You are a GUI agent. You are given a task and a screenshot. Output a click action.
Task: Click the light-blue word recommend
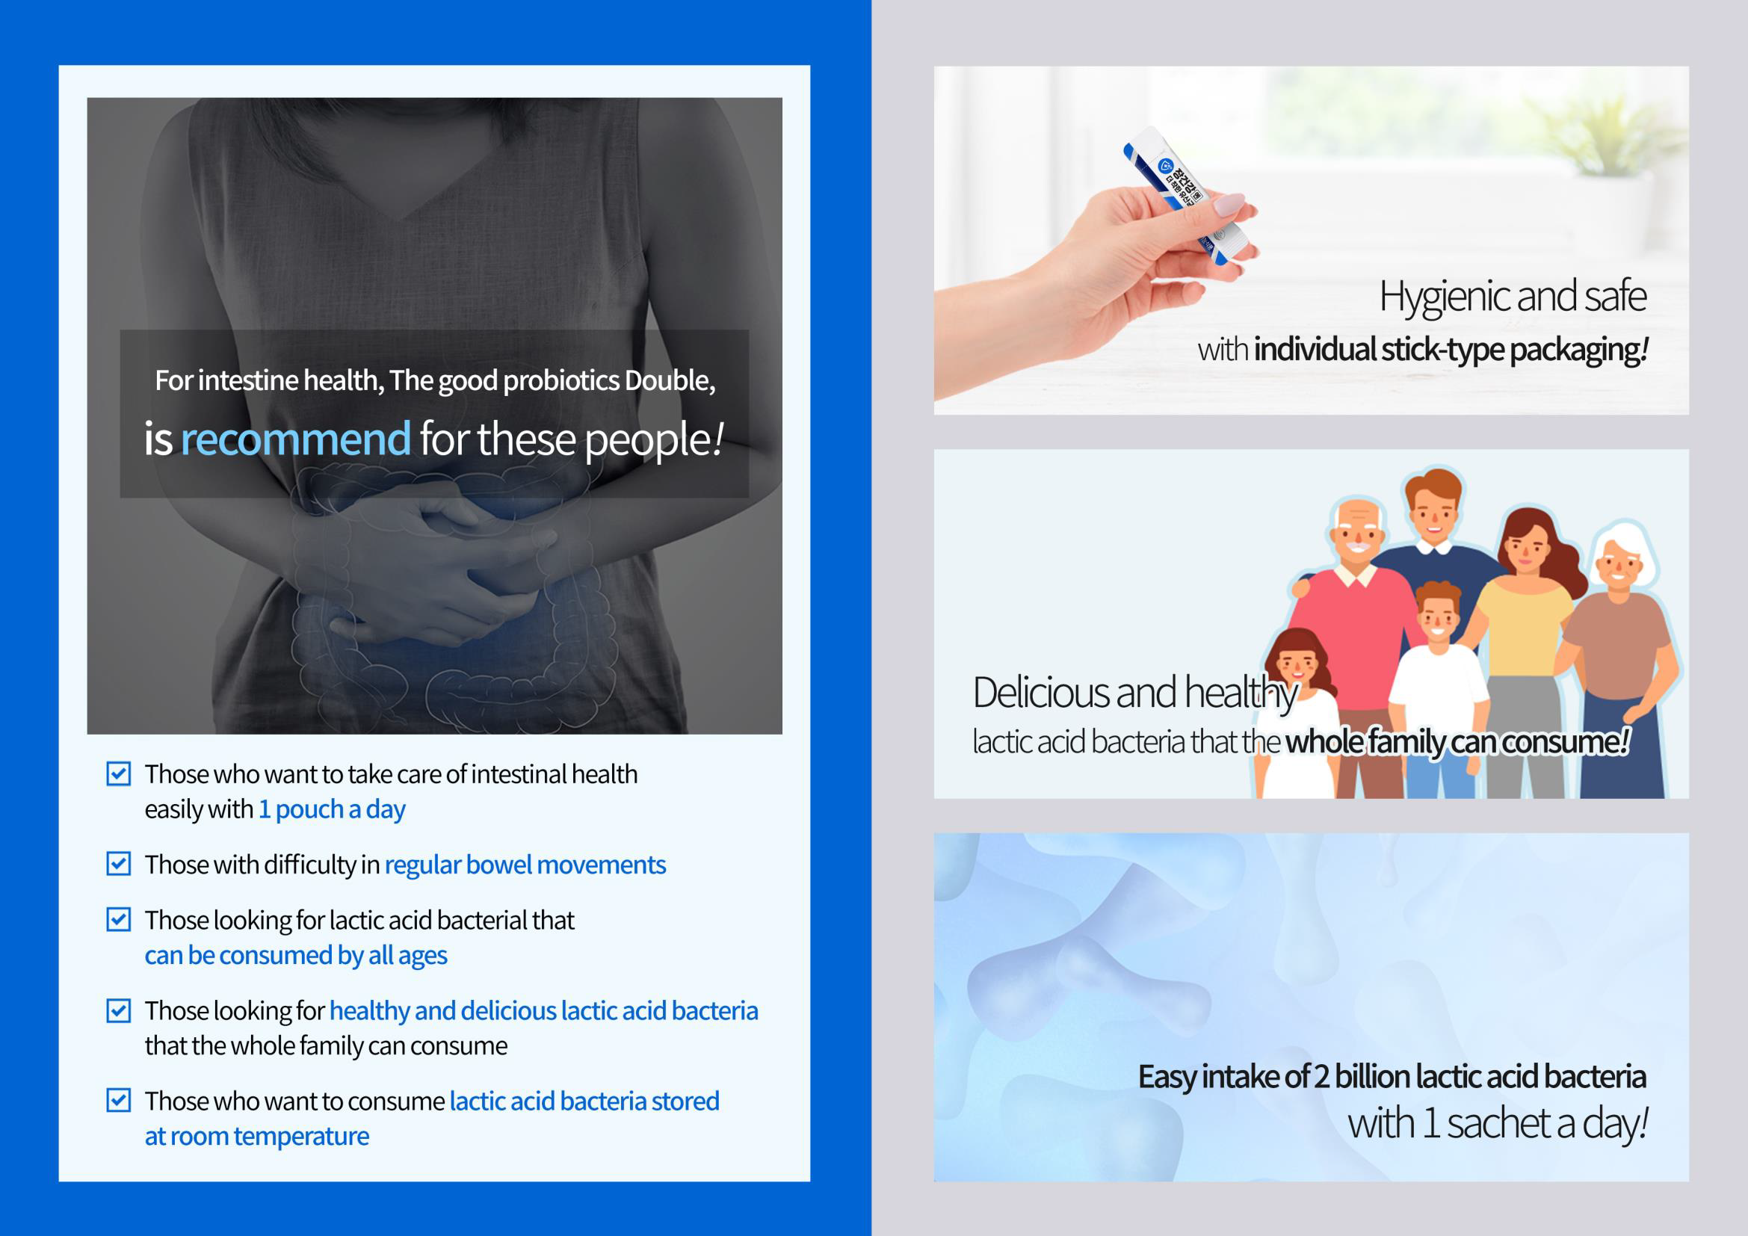point(295,439)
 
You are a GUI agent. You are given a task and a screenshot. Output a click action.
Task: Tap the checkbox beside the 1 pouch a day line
point(118,773)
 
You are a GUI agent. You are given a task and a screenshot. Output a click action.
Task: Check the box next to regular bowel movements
point(118,864)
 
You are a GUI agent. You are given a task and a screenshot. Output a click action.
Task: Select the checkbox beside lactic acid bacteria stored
point(118,1101)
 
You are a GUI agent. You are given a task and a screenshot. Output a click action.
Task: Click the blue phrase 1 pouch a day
point(332,809)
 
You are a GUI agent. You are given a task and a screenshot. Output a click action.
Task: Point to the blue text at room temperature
point(256,1136)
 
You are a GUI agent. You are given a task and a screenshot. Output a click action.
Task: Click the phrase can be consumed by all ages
point(296,955)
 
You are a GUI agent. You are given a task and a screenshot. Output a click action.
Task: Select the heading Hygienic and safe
point(1513,297)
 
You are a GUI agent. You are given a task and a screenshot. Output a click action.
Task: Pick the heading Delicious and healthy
point(1134,693)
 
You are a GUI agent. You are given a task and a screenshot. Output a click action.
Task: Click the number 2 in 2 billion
point(1321,1077)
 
